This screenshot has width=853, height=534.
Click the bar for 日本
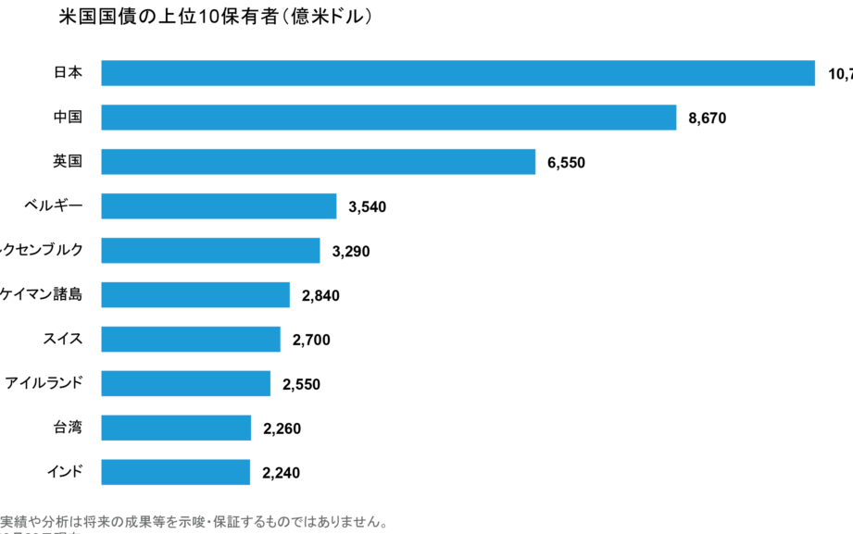point(458,73)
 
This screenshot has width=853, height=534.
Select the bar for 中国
point(388,118)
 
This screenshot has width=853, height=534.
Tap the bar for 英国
point(318,162)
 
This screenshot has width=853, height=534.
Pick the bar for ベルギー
point(219,206)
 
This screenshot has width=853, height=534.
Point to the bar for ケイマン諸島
point(195,295)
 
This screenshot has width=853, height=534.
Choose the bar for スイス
point(191,340)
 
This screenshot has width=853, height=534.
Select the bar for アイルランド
point(185,384)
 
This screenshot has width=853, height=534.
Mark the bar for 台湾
point(176,428)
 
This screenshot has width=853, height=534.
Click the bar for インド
point(175,473)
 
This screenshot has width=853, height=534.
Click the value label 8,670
point(708,118)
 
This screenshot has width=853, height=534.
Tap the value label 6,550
point(567,163)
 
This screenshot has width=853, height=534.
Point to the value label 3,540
point(368,207)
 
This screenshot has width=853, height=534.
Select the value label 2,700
point(311,341)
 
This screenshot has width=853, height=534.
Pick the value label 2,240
point(282,474)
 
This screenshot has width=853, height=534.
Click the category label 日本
point(68,73)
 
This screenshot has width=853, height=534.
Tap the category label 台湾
point(68,428)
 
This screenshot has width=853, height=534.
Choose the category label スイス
point(62,339)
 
